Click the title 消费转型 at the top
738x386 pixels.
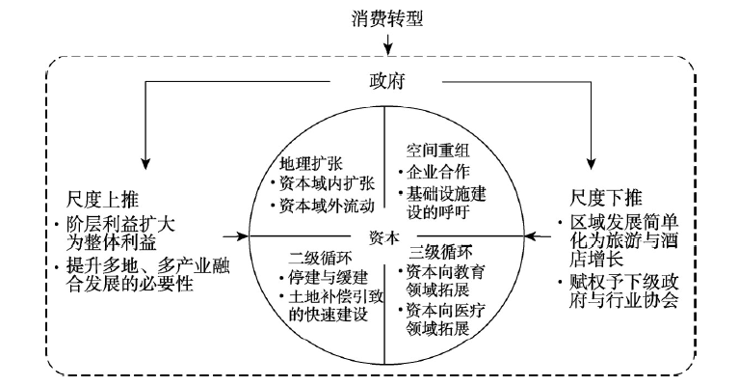click(387, 19)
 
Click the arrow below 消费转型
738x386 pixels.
click(387, 43)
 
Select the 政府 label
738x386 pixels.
click(386, 81)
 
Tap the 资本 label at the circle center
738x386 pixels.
click(384, 238)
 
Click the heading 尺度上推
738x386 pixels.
click(102, 200)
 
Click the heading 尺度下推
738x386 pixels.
click(606, 198)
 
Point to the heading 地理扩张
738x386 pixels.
click(310, 164)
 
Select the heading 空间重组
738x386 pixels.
click(437, 151)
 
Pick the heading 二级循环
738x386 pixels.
click(320, 258)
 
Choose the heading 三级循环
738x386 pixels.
click(440, 253)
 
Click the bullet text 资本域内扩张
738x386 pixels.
click(328, 183)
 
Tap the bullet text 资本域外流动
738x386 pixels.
click(328, 206)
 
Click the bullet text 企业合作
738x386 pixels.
click(437, 172)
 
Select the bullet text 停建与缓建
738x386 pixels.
click(329, 278)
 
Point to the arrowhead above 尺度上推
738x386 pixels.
click(145, 163)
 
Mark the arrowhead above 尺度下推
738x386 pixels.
click(591, 163)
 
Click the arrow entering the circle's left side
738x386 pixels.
click(236, 235)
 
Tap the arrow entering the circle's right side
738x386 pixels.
click(538, 235)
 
